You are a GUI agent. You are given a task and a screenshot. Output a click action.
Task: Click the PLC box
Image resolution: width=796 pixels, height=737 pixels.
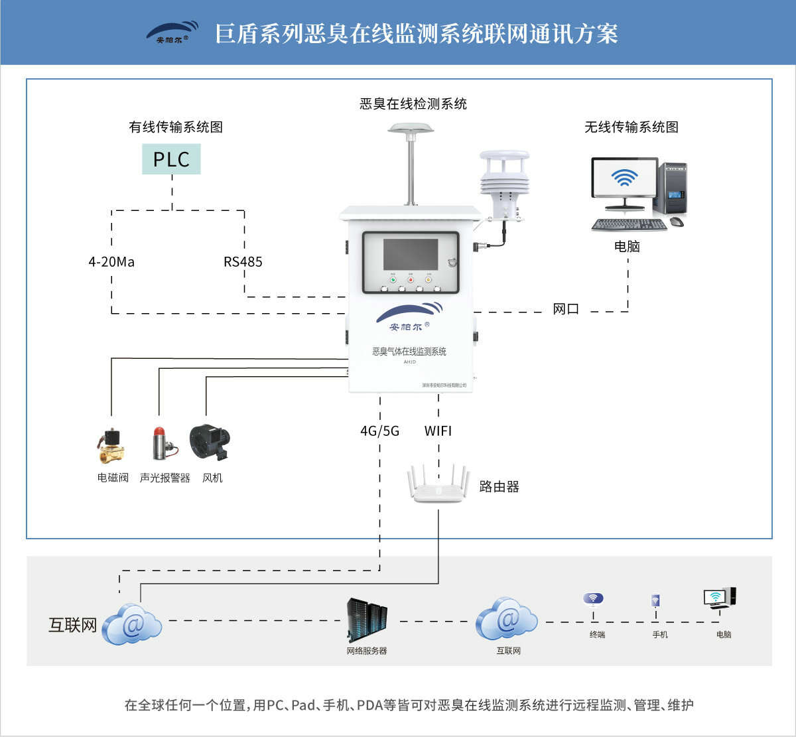171,159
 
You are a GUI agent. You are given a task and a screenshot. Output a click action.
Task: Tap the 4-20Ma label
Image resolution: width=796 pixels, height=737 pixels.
111,262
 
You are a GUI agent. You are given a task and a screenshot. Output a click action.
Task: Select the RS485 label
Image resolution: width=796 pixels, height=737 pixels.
243,262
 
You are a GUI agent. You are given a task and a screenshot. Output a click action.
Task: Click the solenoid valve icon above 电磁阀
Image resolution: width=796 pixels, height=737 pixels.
111,445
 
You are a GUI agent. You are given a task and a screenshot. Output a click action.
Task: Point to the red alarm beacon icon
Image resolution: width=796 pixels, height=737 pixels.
161,443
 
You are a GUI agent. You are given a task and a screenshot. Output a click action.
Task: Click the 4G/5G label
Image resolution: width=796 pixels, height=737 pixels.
379,431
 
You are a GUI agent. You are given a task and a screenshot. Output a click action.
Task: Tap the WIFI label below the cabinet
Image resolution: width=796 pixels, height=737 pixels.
438,431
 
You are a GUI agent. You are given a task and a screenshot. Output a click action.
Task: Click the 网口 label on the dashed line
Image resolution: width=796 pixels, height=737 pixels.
566,309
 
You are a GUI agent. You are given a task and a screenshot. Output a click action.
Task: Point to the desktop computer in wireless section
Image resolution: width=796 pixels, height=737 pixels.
638,193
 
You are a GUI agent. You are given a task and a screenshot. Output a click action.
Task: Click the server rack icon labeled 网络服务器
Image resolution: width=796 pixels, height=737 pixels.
367,620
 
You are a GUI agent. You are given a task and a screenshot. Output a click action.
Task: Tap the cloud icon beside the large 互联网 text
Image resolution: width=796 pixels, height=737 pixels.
132,624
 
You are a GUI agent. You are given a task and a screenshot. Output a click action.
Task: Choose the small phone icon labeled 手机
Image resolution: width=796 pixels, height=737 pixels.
655,601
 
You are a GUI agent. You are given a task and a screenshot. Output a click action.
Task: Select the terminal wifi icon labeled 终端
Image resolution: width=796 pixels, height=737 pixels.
593,599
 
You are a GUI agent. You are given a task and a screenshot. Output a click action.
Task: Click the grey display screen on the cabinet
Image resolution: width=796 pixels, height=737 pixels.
411,254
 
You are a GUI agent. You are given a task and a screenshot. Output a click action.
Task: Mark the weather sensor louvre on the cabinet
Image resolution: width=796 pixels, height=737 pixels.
504,176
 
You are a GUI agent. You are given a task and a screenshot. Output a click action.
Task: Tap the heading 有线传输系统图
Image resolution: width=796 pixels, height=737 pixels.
176,127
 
